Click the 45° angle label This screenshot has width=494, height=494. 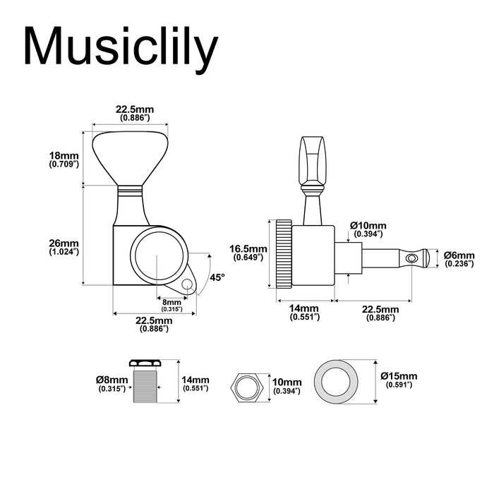pyautogui.click(x=217, y=278)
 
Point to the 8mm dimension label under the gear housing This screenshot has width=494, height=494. pyautogui.click(x=171, y=304)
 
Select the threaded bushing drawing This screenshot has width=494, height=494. pyautogui.click(x=146, y=385)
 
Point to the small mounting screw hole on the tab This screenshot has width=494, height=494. pyautogui.click(x=187, y=284)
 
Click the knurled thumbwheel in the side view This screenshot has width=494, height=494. pyautogui.click(x=283, y=253)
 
